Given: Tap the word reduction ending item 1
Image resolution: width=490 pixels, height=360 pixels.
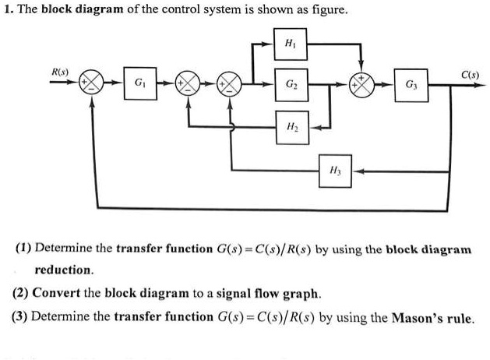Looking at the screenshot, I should [63, 270].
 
